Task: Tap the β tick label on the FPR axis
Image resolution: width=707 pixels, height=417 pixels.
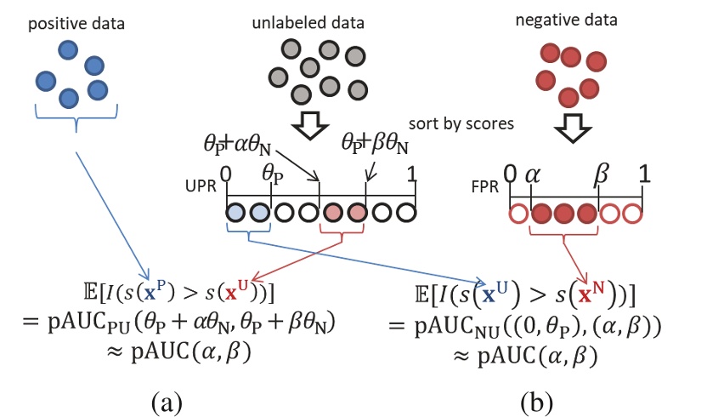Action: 599,176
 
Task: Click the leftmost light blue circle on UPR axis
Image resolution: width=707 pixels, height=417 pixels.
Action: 237,211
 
